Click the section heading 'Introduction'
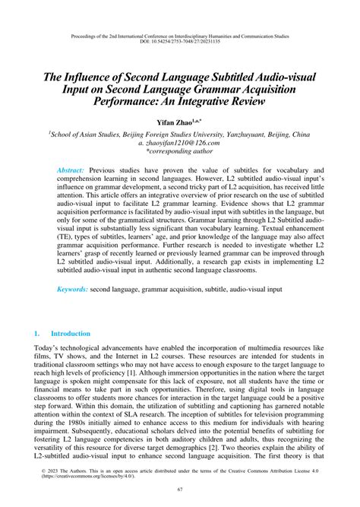coord(71,334)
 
